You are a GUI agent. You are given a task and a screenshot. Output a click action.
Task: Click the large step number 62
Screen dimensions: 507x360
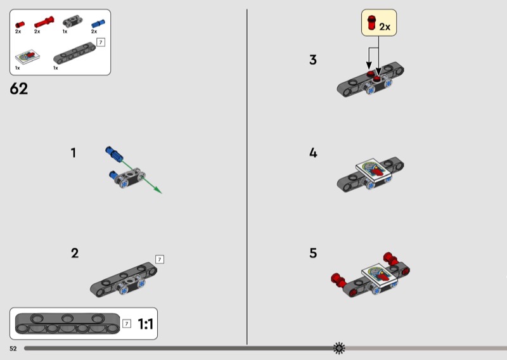click(19, 89)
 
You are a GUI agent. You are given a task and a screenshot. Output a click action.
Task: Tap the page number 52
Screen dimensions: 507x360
click(13, 349)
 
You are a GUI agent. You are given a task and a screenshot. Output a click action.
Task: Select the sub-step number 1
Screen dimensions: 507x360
click(74, 153)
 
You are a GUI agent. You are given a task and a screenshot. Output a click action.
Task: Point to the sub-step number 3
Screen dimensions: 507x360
click(313, 60)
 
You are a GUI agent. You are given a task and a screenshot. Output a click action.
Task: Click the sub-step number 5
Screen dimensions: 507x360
click(313, 253)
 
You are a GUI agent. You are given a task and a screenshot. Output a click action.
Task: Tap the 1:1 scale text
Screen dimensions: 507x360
click(146, 324)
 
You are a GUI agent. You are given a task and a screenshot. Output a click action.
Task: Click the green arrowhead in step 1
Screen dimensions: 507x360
click(158, 190)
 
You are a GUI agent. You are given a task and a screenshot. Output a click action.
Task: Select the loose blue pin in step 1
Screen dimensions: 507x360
click(114, 153)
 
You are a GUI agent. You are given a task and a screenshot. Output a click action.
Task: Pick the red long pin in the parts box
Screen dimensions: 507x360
click(44, 22)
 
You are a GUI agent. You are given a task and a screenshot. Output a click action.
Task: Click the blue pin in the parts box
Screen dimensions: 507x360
click(98, 23)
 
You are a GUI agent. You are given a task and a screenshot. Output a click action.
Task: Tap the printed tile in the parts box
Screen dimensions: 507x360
click(27, 57)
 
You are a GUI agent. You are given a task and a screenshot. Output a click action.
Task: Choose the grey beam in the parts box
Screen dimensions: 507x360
click(75, 53)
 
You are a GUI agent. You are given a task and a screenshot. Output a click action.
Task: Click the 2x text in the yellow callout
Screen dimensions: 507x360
click(385, 27)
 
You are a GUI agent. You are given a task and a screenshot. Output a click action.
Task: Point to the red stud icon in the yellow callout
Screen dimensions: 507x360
click(371, 23)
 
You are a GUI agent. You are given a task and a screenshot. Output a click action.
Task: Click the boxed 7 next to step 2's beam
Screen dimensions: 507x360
click(160, 259)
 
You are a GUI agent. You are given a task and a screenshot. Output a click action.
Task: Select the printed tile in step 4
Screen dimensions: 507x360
click(374, 169)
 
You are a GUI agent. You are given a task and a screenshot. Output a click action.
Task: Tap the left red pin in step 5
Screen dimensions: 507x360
click(338, 280)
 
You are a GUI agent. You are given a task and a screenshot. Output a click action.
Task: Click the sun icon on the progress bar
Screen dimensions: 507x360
click(339, 348)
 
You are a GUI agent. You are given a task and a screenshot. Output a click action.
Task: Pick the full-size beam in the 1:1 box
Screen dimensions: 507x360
click(67, 323)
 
